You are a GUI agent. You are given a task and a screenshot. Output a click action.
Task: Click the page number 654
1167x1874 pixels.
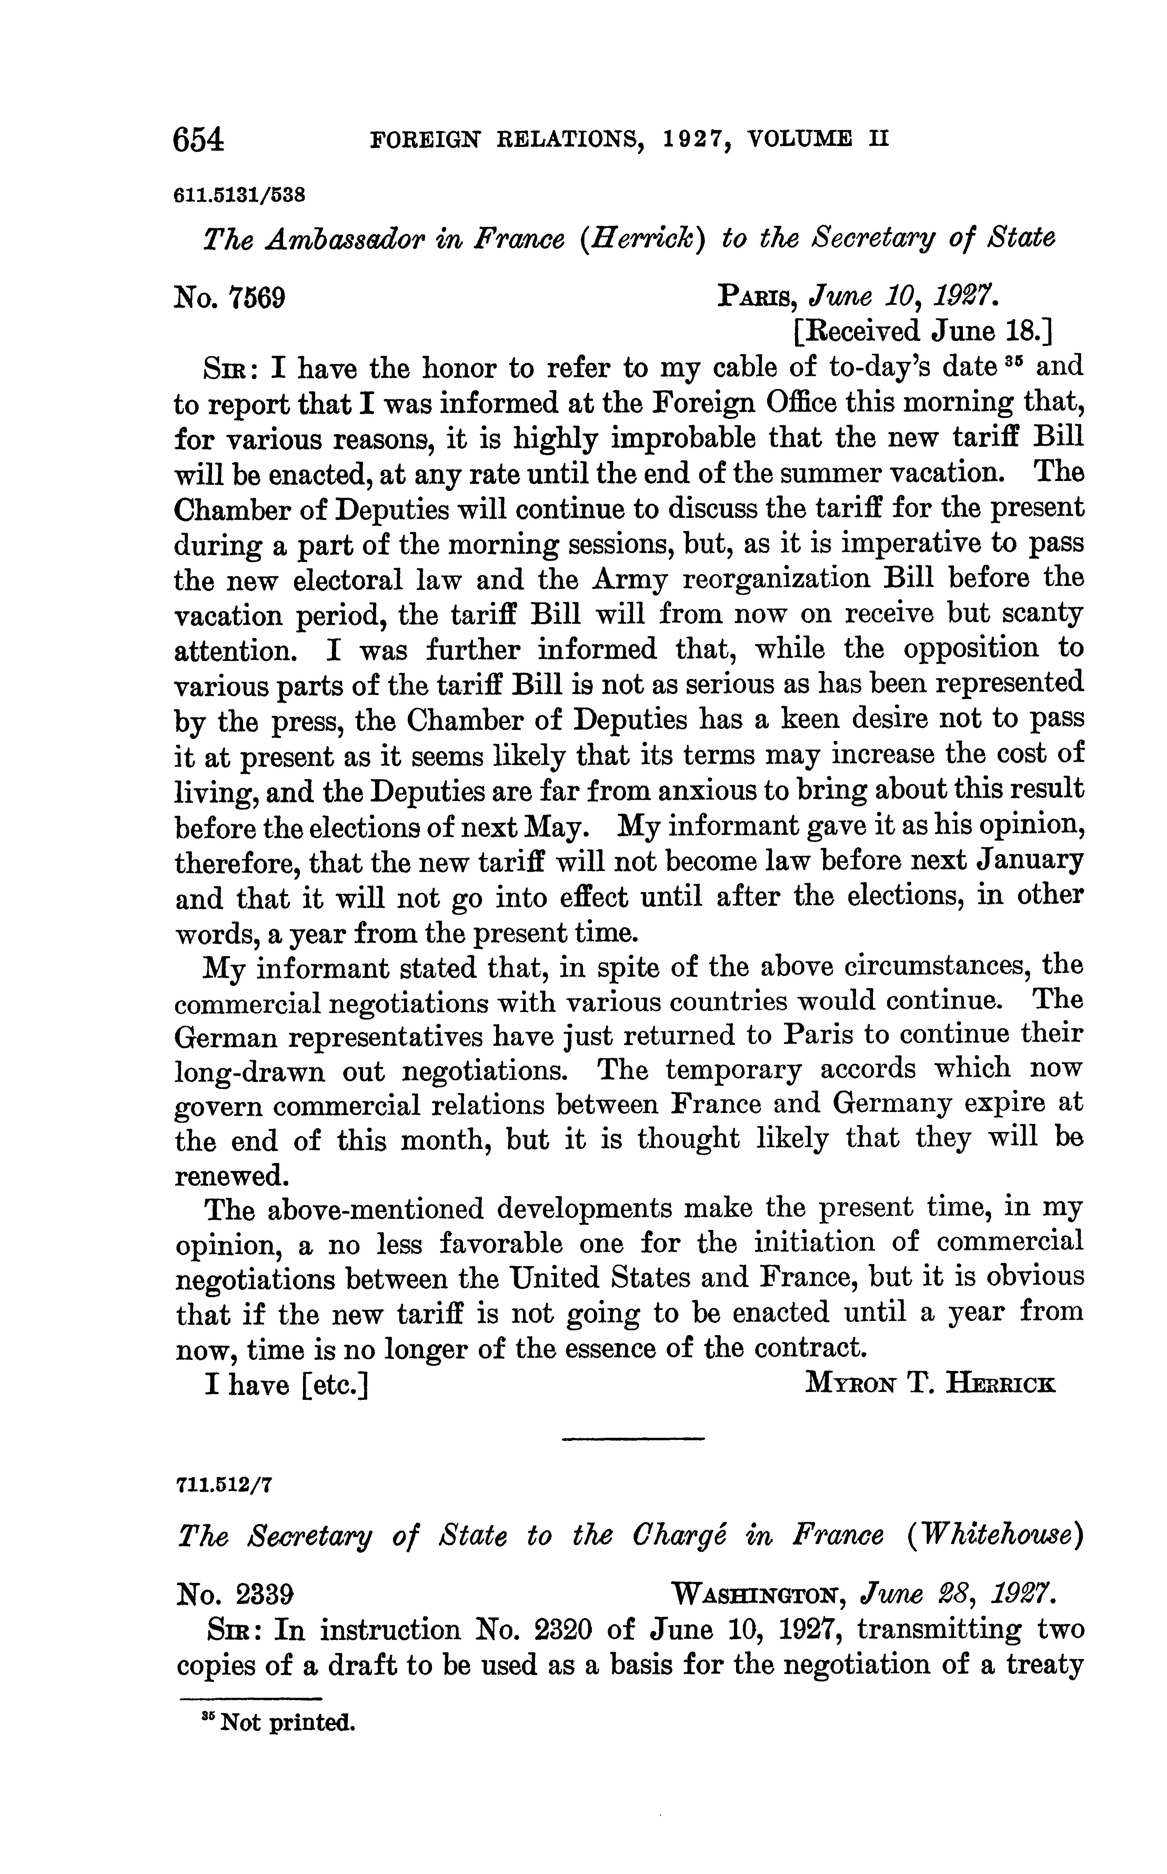pos(199,140)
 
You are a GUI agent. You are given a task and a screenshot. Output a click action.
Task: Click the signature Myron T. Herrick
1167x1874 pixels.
pos(929,1384)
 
